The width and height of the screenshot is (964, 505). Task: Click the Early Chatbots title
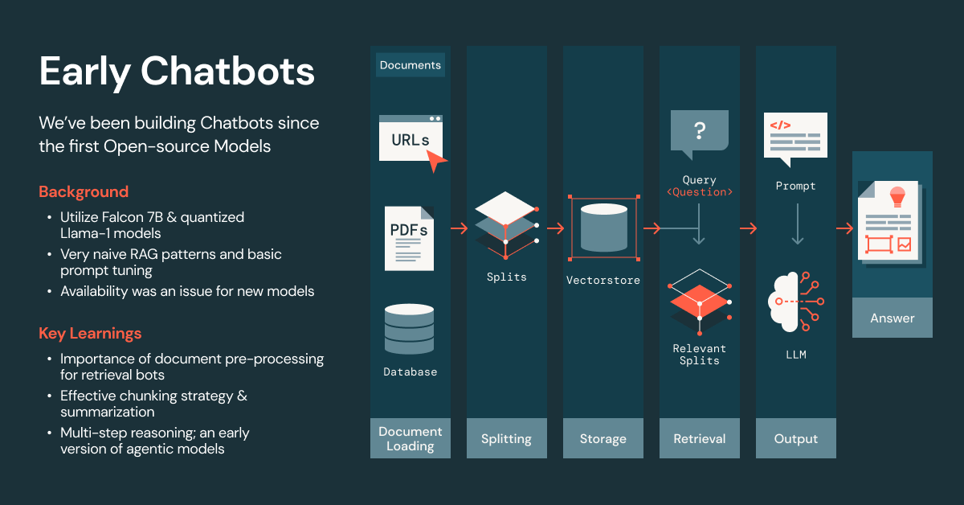(177, 72)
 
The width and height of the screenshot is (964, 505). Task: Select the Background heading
(84, 191)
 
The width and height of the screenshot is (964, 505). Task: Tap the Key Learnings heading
(90, 333)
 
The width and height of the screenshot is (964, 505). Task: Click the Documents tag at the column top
(411, 65)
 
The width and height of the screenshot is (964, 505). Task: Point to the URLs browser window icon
(411, 139)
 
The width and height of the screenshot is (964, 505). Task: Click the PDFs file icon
(410, 237)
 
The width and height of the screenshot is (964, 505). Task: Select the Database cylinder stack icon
(410, 330)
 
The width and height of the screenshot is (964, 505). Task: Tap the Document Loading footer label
(411, 438)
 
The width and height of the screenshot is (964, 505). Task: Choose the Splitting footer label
(506, 438)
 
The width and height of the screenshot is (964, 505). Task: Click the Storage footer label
(602, 438)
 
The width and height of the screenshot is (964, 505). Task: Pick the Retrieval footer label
(699, 438)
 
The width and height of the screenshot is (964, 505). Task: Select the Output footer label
(795, 438)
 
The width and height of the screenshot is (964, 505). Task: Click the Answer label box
(893, 318)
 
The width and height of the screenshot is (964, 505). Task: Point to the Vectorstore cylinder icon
(603, 227)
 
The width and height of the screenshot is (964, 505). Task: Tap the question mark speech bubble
(699, 132)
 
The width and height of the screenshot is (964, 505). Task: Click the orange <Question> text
(699, 192)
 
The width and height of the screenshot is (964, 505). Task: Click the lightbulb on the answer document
(897, 195)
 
